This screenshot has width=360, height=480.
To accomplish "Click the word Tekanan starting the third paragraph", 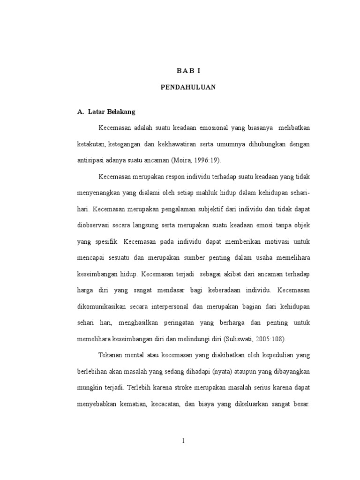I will click(111, 356).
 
